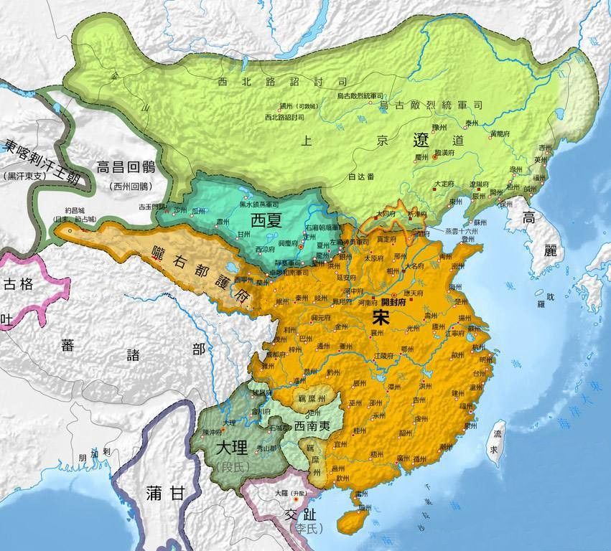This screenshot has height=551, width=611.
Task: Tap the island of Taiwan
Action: click(496, 438)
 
